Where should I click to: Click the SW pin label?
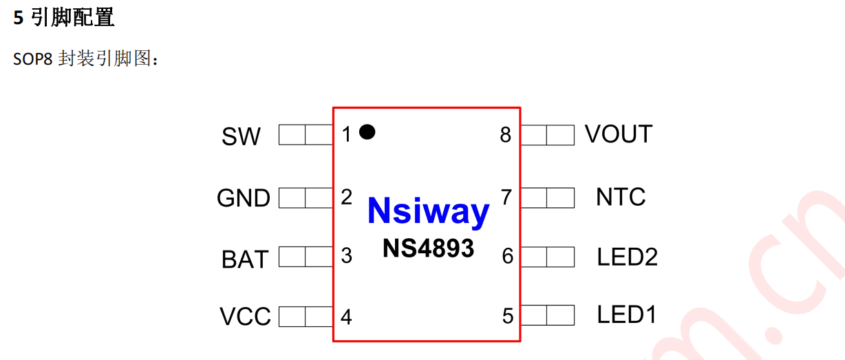(241, 137)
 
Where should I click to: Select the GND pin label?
(244, 198)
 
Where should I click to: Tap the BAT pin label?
(245, 260)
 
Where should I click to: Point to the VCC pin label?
(245, 317)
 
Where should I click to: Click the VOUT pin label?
(619, 134)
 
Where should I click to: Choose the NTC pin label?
(621, 198)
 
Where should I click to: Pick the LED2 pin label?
(627, 257)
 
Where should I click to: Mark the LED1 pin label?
(627, 315)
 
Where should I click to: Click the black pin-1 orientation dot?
(367, 131)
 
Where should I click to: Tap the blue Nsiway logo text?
(428, 211)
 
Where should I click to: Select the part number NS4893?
(428, 248)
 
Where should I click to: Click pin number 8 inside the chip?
(506, 136)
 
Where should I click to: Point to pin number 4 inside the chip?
(346, 317)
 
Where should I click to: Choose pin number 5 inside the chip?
(508, 317)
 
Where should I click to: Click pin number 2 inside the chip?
(346, 198)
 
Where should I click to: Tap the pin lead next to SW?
(306, 135)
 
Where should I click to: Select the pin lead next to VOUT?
(548, 135)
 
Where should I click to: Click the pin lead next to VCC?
(306, 317)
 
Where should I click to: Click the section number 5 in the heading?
(19, 19)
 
